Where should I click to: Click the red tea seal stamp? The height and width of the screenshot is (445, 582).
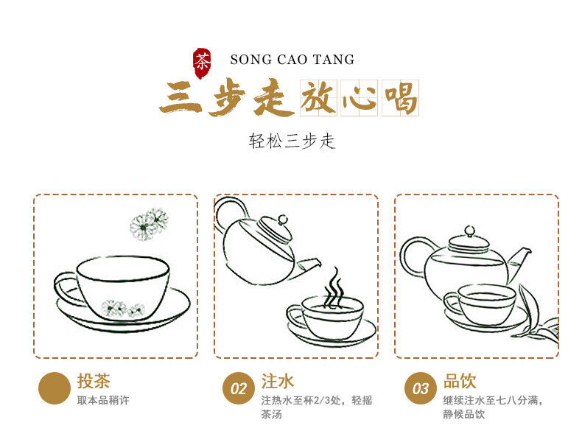[202, 63]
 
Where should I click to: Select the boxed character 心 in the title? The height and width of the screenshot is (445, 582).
[359, 98]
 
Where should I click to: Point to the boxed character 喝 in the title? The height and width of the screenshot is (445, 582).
[400, 98]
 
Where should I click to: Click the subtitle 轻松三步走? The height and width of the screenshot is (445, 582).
[292, 141]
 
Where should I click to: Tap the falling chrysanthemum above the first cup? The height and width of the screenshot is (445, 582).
[150, 224]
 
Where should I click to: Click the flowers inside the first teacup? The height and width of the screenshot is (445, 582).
[122, 309]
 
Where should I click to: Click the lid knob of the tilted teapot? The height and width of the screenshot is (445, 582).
[282, 220]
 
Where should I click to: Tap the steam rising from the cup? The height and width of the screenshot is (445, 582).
[334, 287]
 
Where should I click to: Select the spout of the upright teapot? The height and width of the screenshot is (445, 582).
[519, 262]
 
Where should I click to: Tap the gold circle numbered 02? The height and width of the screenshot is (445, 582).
[239, 388]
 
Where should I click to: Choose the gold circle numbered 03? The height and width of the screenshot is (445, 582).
[421, 388]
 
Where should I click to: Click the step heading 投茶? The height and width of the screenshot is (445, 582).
[94, 381]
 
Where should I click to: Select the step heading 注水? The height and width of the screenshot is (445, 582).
[277, 381]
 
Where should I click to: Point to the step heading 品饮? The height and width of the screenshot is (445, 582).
[460, 381]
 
